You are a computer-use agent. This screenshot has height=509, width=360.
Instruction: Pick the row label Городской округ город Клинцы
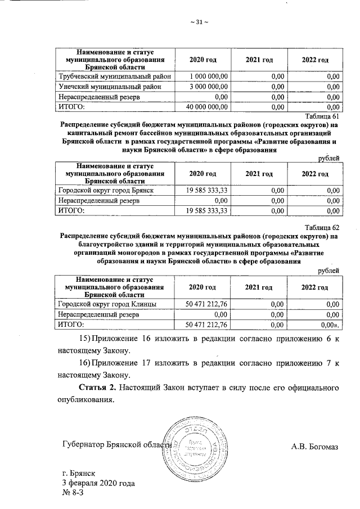(108, 304)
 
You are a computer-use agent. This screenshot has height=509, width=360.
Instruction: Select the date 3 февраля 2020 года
(98, 484)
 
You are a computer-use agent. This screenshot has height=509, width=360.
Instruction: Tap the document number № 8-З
(74, 494)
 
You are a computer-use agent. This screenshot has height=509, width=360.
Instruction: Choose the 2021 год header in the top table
(259, 60)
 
